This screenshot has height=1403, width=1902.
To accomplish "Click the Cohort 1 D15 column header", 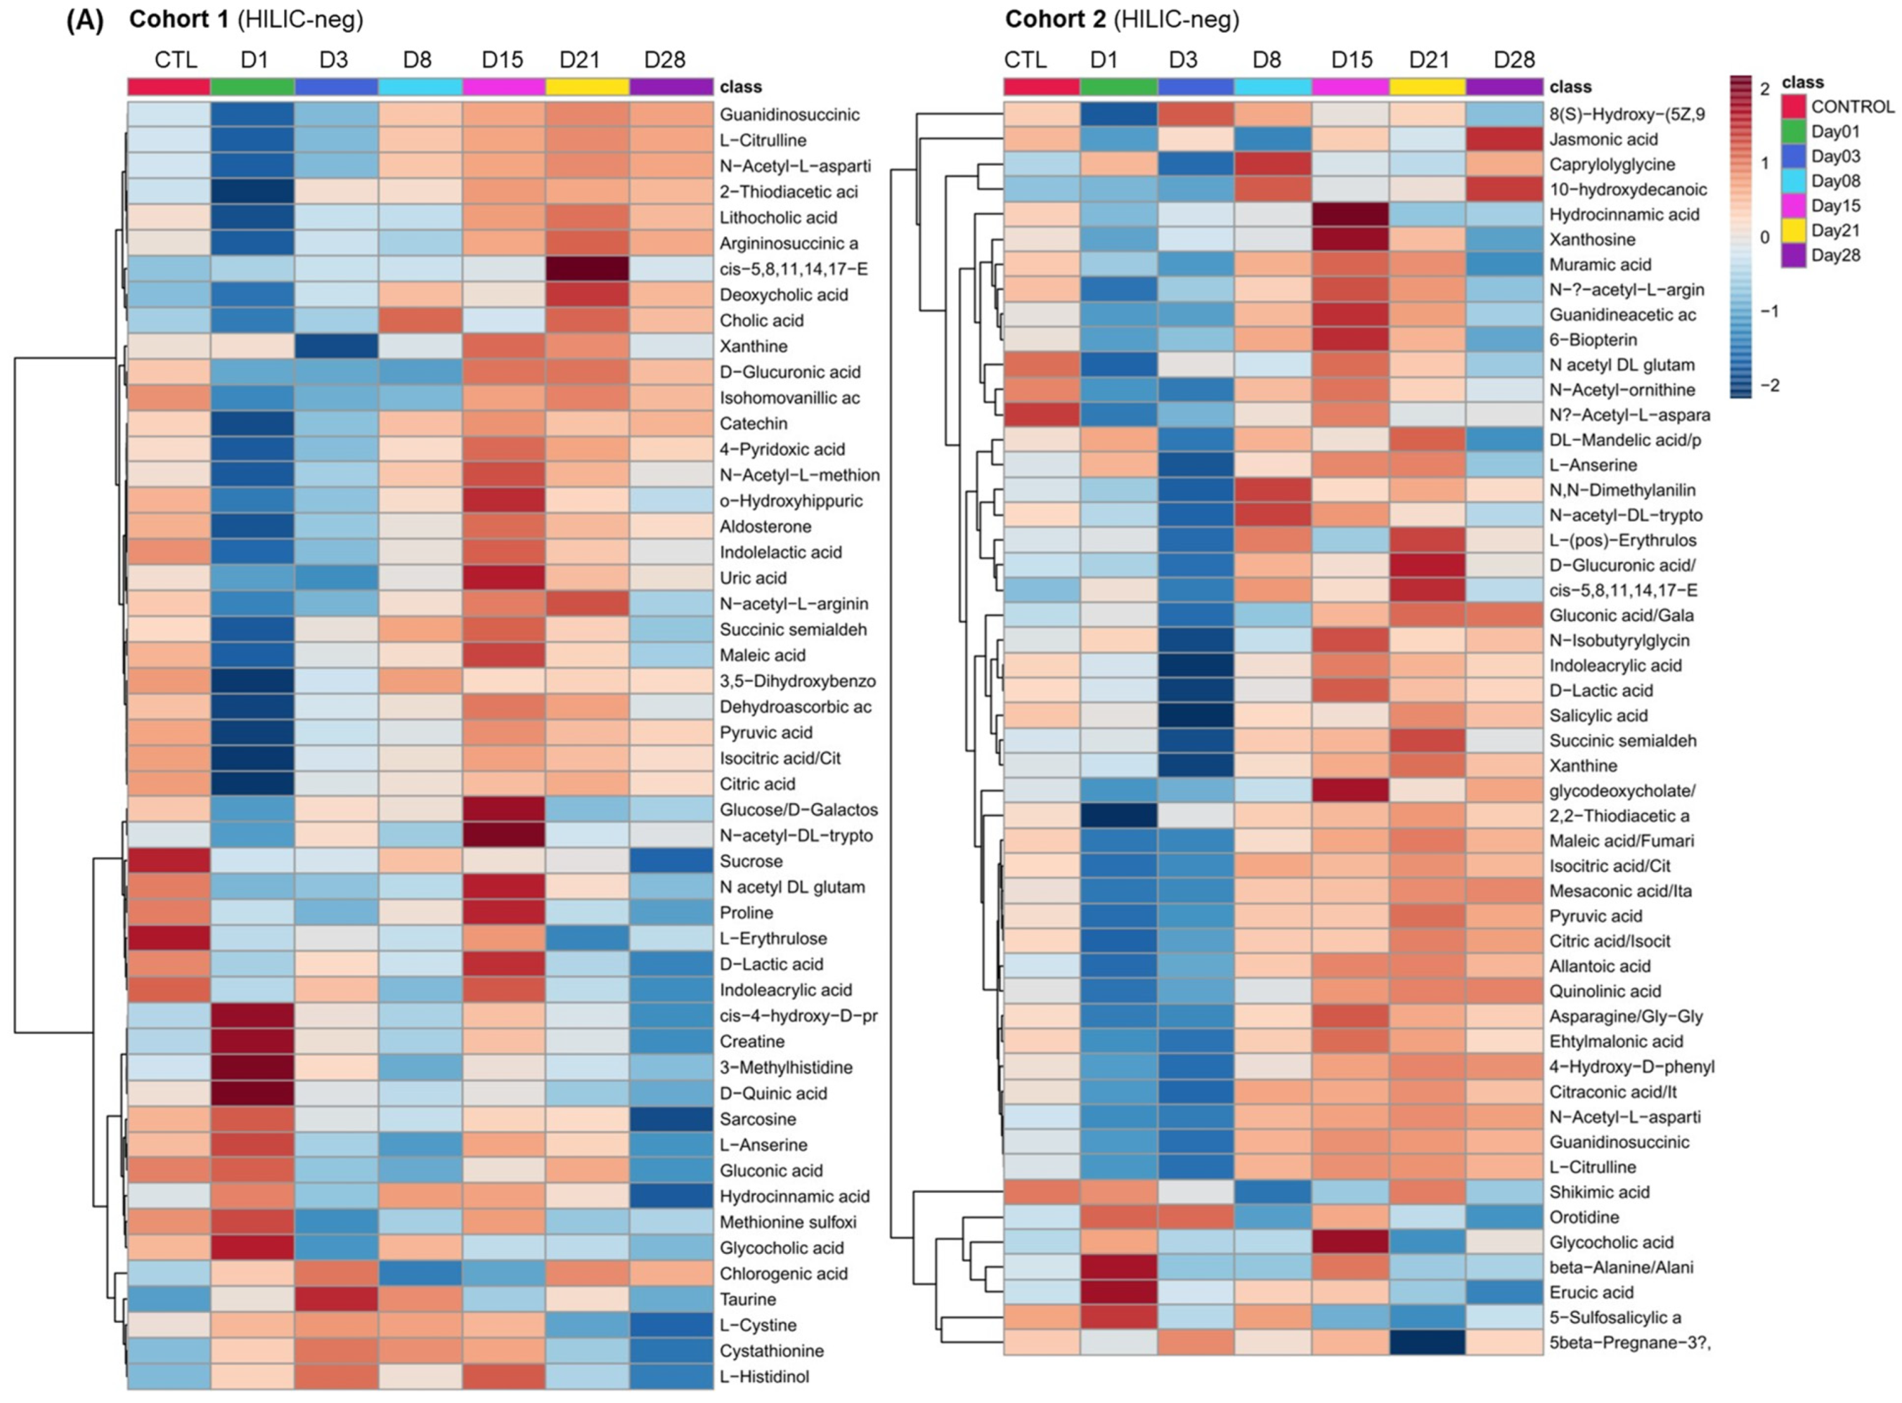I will point(502,60).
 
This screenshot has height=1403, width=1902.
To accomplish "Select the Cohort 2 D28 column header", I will point(1514,60).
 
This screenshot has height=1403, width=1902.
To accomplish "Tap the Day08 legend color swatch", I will point(1793,181).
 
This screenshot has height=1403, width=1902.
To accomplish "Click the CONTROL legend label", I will point(1852,107).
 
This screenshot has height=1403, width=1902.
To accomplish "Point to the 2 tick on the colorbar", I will point(1764,89).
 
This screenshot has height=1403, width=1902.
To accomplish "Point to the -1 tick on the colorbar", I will point(1769,312).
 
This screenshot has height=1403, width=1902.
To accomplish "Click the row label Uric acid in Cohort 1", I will point(753,578).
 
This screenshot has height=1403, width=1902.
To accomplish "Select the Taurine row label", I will point(748,1300).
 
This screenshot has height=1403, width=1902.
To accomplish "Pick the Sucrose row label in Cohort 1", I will point(751,861).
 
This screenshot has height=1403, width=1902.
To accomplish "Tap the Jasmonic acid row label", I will point(1603,139).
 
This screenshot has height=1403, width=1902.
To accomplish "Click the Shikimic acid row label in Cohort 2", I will point(1599,1192).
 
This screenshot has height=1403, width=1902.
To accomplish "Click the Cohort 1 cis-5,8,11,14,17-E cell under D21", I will point(587,269).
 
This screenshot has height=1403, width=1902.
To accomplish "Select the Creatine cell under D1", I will point(252,1041).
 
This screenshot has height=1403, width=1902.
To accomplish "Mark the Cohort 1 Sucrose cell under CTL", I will point(169,861).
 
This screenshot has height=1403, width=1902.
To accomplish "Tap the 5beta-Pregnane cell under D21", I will point(1427,1343).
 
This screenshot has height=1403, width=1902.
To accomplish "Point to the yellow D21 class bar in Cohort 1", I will point(587,86).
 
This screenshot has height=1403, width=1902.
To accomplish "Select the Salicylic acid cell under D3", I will point(1195,715).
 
